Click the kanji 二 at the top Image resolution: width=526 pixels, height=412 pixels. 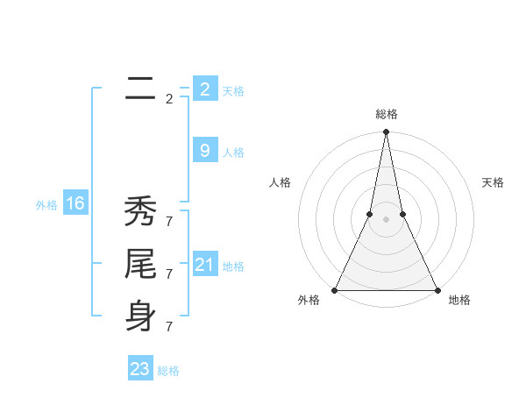point(140,89)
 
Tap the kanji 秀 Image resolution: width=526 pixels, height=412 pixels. point(140,211)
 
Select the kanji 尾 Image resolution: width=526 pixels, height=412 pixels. point(140,264)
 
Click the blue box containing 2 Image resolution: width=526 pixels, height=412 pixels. point(204,89)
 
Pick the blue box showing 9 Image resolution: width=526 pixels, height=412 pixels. point(204,151)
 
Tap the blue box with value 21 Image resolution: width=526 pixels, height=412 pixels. point(204,265)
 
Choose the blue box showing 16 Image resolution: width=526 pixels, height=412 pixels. point(75,204)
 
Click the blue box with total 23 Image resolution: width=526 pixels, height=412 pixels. point(139,369)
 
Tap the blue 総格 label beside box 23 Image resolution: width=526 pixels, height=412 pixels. point(168,371)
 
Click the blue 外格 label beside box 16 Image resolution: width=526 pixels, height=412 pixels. point(46,205)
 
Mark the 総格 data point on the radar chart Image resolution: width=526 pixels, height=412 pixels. point(386,132)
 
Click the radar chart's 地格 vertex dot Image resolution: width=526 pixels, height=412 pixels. point(437,290)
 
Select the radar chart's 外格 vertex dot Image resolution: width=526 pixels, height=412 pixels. point(335,290)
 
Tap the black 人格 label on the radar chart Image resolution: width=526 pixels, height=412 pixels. point(280,182)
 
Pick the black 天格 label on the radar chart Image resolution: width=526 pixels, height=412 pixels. point(493,182)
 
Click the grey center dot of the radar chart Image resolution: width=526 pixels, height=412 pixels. point(386,219)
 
